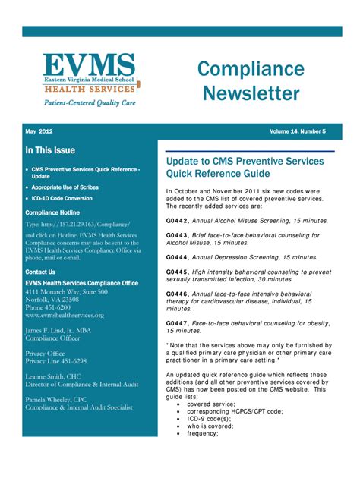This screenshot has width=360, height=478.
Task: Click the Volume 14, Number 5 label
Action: [x=298, y=131]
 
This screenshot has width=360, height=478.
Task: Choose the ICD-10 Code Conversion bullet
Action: [x=68, y=199]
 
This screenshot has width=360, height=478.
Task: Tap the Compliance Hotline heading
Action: [x=52, y=213]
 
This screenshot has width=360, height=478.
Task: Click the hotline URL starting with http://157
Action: [x=77, y=225]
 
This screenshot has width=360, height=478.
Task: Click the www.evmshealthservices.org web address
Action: [x=65, y=314]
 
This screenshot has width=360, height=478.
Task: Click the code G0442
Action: [x=177, y=220]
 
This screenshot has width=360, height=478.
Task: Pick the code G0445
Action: [x=177, y=271]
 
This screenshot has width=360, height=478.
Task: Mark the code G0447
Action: [x=177, y=322]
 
